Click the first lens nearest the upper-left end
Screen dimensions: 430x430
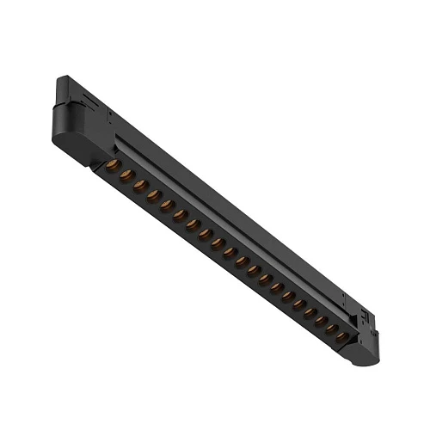coord(112,164)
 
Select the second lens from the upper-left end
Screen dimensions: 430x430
coord(126,175)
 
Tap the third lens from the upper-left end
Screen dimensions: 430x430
coord(139,185)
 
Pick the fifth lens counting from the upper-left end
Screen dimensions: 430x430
coord(167,205)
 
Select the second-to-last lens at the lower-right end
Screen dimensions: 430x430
coord(330,328)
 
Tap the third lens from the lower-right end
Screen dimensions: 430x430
coord(319,319)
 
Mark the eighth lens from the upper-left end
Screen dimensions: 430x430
coord(206,234)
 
